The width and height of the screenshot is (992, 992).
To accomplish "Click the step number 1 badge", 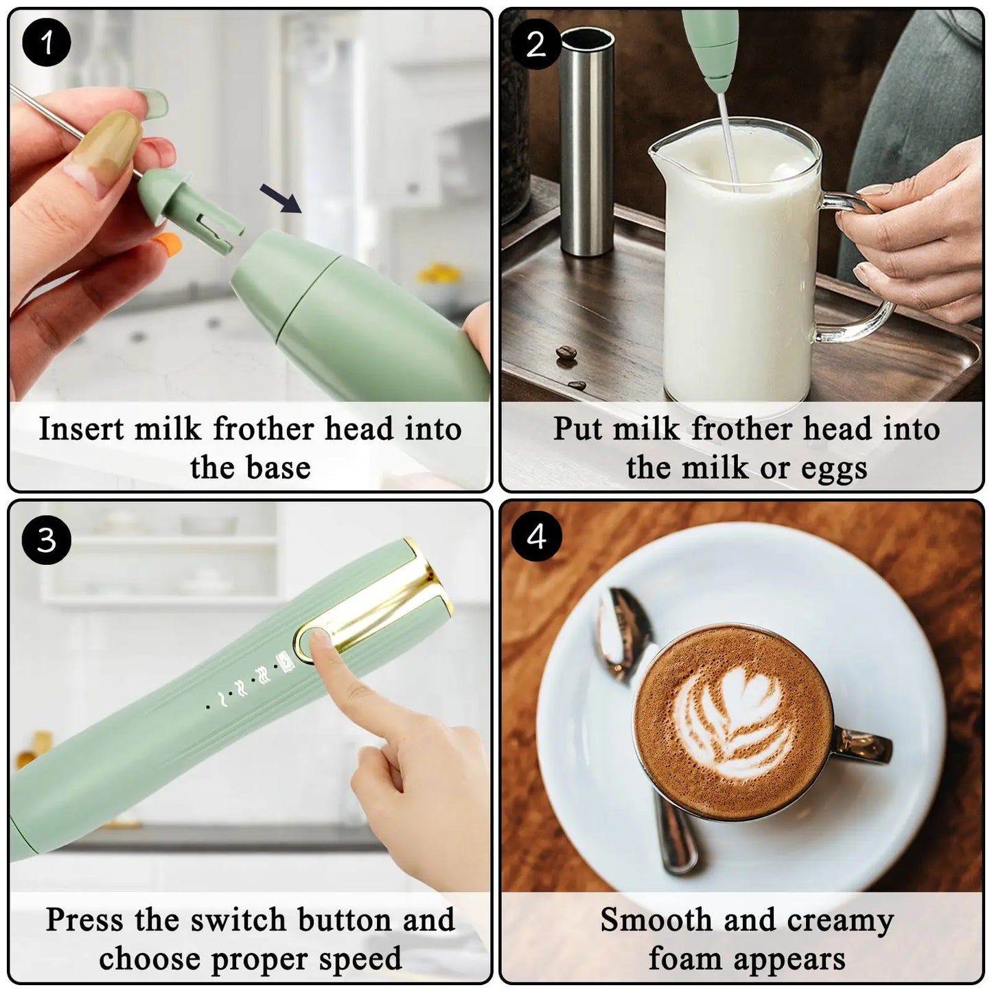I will coord(46,43).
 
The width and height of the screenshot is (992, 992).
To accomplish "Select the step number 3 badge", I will coord(46,540).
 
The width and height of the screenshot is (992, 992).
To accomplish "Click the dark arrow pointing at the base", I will coord(281,198).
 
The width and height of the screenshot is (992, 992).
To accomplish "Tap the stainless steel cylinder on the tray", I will coord(587,141).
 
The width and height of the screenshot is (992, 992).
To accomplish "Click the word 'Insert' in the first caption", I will coord(82,429).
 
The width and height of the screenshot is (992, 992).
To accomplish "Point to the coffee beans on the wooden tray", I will coord(566,354).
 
